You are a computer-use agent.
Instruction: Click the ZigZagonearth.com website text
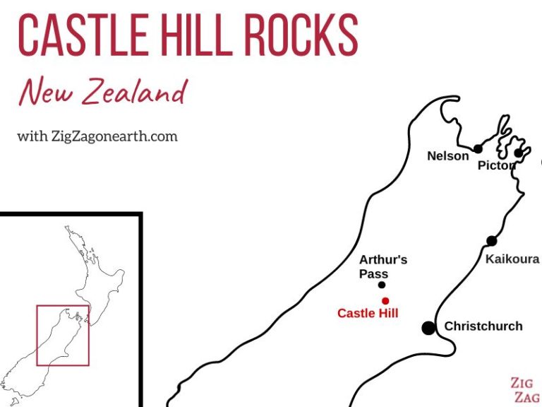[x=97, y=136]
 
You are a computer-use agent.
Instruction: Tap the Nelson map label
[x=447, y=156]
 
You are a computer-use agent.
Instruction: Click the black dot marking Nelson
[x=478, y=148]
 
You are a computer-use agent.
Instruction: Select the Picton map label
[x=496, y=165]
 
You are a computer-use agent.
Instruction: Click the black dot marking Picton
[x=519, y=153]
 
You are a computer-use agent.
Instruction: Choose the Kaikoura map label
[x=512, y=259]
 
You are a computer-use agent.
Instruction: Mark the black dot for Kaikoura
[x=491, y=241]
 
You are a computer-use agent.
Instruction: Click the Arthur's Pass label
[x=383, y=266]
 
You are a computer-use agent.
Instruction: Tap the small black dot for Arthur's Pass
[x=382, y=285]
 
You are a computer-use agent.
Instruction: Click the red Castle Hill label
[x=368, y=313]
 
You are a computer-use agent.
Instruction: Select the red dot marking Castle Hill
[x=385, y=300]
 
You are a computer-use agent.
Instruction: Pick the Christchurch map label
[x=483, y=326]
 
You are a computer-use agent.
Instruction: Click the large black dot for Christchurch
[x=428, y=327]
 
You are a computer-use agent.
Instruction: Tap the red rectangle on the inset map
[x=63, y=335]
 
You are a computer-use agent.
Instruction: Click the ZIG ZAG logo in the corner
[x=524, y=390]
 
